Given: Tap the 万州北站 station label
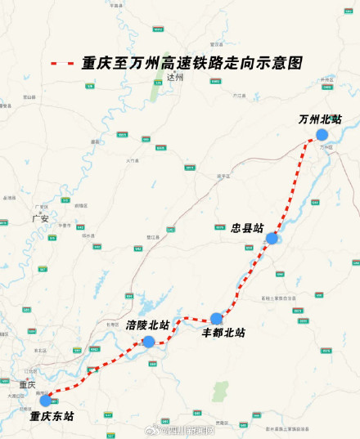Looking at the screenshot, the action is tap(320, 119).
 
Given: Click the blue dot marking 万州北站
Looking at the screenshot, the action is tap(322, 135).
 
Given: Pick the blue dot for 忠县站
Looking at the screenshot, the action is tap(272, 239).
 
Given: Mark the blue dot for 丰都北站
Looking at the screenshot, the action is tap(216, 319).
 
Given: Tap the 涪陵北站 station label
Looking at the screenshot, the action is tap(148, 325).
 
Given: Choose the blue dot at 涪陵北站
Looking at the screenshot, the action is tap(149, 341).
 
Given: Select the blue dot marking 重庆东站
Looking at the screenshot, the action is tap(45, 401).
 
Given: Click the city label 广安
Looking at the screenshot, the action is tap(40, 218).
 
